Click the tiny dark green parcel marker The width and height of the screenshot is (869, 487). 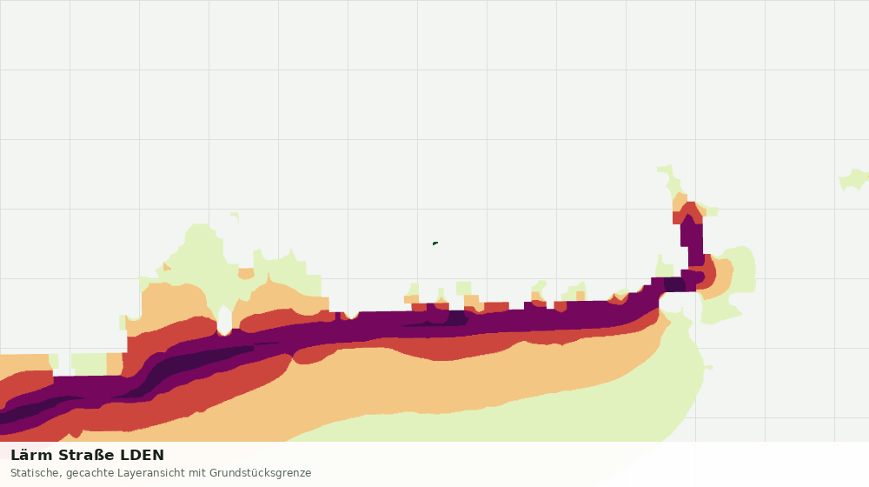[x=435, y=243]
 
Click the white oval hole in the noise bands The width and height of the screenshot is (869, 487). [x=224, y=321]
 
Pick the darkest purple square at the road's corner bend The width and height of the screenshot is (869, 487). [x=674, y=284]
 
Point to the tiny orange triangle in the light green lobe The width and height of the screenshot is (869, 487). [x=166, y=267]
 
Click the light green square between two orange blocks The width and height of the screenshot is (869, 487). [x=89, y=364]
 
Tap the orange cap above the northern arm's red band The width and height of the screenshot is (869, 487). [x=680, y=202]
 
